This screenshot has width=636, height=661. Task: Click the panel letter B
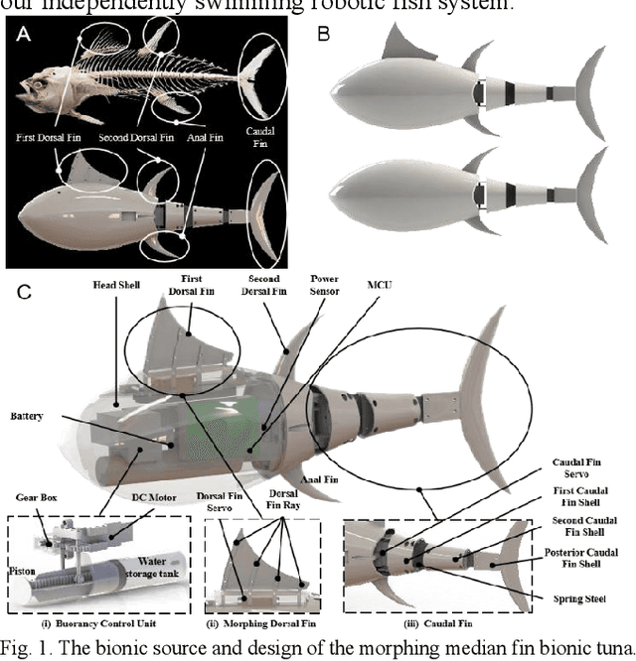click(322, 33)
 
